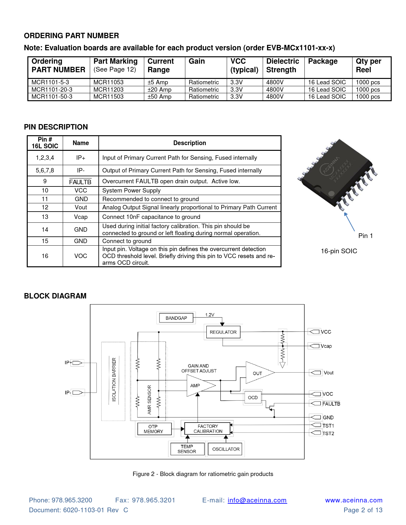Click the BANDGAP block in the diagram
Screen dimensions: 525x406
click(x=176, y=318)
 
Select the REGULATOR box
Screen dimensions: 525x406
click(x=223, y=332)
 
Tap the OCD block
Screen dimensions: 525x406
click(x=253, y=397)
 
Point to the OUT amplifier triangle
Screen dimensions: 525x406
click(x=258, y=373)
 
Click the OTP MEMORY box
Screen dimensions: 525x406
click(x=153, y=429)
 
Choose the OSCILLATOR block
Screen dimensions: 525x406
click(x=226, y=449)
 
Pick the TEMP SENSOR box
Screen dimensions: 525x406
click(x=187, y=449)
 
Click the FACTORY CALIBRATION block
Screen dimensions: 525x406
click(x=208, y=429)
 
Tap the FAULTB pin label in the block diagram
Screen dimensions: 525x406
click(x=331, y=404)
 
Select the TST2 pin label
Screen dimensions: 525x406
click(x=328, y=433)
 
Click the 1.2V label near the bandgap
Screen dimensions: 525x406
click(x=210, y=315)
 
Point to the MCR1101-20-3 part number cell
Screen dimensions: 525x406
click(x=52, y=89)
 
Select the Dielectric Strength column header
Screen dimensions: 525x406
click(x=283, y=66)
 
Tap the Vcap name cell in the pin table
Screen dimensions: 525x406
click(x=81, y=217)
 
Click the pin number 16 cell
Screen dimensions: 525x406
click(x=45, y=256)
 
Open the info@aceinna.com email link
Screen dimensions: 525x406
click(x=257, y=500)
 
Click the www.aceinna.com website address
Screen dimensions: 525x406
click(x=354, y=500)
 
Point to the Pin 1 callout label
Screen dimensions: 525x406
click(x=366, y=236)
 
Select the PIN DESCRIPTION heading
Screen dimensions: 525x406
click(x=56, y=127)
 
